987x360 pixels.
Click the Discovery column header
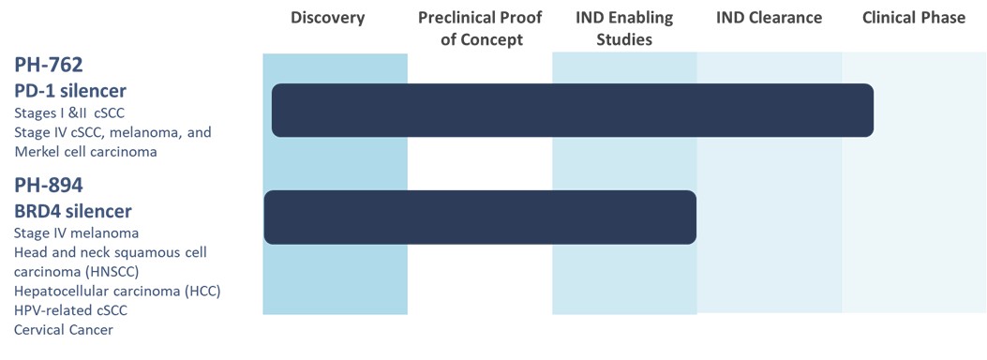[x=327, y=18]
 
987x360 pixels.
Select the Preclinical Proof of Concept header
[x=480, y=28]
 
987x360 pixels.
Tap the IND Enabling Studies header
[x=624, y=28]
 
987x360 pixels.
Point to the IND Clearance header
[x=769, y=18]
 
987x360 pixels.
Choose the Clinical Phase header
[x=913, y=18]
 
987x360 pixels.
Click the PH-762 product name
[x=49, y=65]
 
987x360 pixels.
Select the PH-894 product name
[x=49, y=187]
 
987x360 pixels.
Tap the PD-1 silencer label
[x=70, y=91]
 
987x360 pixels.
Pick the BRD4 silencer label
[x=72, y=210]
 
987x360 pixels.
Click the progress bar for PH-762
[x=573, y=110]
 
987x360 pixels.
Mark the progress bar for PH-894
[x=480, y=217]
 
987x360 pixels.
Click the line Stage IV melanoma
[x=76, y=233]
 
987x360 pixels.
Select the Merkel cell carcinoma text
[x=85, y=152]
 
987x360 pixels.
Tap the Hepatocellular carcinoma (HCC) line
[x=117, y=292]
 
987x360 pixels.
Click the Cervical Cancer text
[x=64, y=330]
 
